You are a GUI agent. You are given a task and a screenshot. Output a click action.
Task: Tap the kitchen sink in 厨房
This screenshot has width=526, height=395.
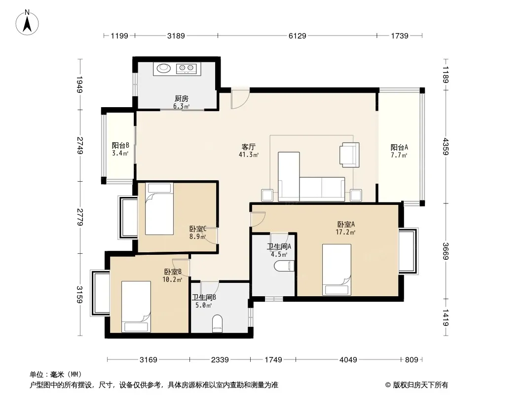(162, 69)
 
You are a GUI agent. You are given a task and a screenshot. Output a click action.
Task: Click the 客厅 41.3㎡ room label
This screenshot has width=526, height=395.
(248, 151)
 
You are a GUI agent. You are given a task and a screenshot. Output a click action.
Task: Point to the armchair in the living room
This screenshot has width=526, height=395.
(349, 154)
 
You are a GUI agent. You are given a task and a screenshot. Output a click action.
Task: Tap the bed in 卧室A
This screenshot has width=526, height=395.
(337, 268)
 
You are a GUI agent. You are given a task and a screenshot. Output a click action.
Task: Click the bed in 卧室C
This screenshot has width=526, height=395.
(159, 209)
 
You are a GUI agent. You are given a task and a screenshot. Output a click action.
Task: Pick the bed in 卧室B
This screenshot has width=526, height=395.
(136, 306)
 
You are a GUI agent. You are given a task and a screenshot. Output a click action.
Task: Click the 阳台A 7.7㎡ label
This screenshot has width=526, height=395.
(399, 151)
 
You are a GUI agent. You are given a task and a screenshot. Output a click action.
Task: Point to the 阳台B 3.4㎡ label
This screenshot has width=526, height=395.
(120, 149)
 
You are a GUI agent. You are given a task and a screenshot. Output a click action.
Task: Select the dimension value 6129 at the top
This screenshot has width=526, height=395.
(297, 36)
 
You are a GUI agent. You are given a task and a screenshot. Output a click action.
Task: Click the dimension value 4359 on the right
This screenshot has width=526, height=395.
(445, 146)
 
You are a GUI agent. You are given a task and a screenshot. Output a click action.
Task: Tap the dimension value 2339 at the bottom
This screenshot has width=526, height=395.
(220, 360)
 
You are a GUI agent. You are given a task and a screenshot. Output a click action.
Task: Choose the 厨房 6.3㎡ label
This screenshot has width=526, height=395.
(181, 102)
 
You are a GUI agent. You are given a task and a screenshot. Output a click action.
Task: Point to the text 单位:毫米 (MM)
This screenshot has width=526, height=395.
(56, 375)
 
